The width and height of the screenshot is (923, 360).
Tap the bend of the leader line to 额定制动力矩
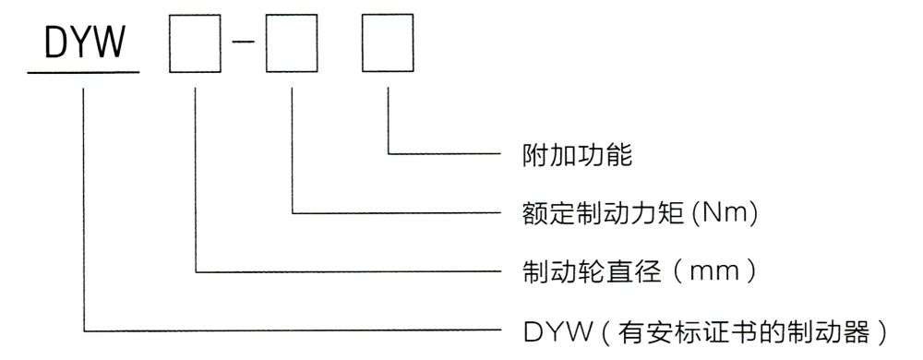[292, 213]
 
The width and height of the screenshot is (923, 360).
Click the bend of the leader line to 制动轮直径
[196, 271]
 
